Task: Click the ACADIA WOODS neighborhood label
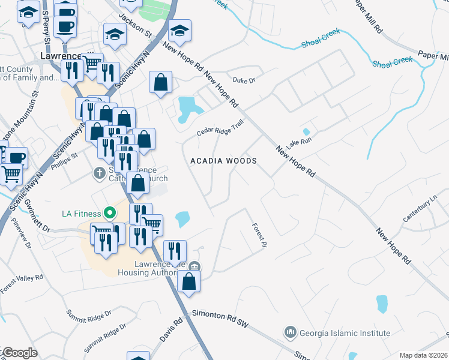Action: (224, 161)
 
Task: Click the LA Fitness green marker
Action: (109, 212)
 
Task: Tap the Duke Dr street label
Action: (244, 80)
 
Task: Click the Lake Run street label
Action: (300, 143)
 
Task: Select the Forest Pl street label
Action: (259, 233)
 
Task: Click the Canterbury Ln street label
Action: (421, 208)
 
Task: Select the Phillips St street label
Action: (67, 157)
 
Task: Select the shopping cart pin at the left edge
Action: (11, 175)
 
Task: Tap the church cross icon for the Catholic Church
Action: (100, 173)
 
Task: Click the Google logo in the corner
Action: (20, 353)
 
